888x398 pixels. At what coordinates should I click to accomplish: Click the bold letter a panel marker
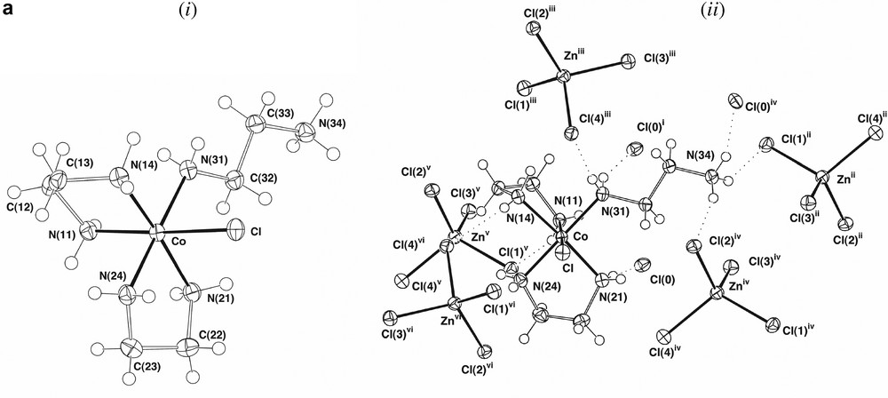(9, 11)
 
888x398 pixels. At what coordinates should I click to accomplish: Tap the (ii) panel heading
(636, 12)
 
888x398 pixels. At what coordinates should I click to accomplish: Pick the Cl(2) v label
(416, 171)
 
